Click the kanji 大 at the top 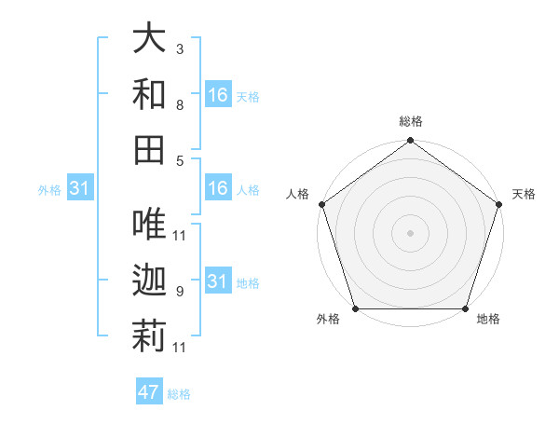tap(150, 38)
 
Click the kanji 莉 tap(150, 336)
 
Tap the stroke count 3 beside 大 tap(180, 48)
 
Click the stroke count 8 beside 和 tap(180, 106)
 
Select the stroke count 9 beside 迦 tap(180, 292)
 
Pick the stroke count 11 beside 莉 tap(180, 348)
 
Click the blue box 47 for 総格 tap(149, 392)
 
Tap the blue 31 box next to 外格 tap(79, 189)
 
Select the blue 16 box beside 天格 tap(217, 95)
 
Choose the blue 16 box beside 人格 tap(217, 189)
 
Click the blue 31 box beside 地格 tap(217, 281)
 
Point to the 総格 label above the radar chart tap(410, 121)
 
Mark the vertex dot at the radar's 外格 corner tap(355, 308)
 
